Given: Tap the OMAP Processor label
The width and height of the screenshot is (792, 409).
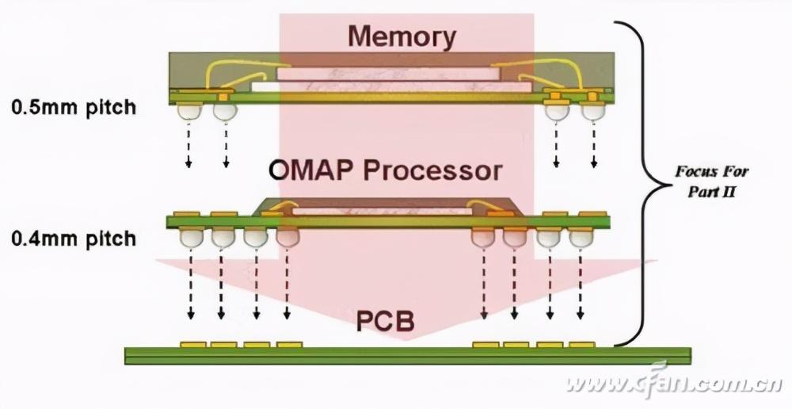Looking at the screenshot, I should [386, 170].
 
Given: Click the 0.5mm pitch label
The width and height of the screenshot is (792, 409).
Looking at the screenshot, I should [73, 106].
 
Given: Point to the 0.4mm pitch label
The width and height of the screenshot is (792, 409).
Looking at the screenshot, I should [73, 238].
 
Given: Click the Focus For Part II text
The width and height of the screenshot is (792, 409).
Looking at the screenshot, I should [712, 181].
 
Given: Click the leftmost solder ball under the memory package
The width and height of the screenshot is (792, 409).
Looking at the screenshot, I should [188, 111].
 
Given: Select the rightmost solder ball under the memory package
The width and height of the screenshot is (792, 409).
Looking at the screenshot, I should [592, 111].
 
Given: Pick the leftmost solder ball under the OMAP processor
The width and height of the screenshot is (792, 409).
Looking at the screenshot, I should [190, 237].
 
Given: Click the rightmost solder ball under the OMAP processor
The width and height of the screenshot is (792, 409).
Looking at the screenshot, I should [581, 237].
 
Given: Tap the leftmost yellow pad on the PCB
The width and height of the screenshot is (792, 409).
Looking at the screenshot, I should [192, 345].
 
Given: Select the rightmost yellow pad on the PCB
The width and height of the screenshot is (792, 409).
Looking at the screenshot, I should [582, 345].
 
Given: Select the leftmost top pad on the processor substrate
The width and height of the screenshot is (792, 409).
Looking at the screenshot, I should [186, 214].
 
